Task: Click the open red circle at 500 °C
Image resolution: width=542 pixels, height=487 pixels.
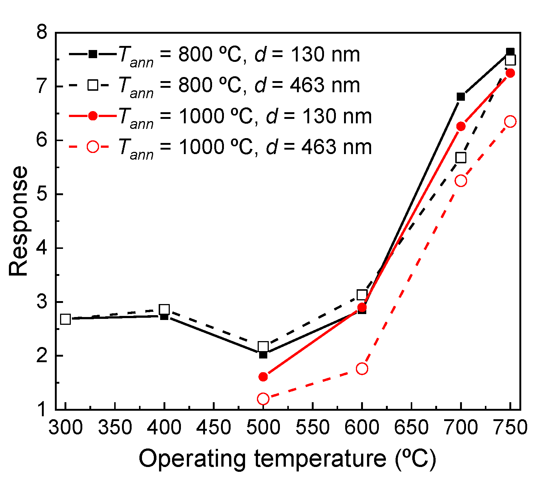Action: click(x=263, y=399)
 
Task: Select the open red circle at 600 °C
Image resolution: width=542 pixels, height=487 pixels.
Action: click(x=362, y=368)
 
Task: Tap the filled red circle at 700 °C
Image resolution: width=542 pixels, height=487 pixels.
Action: click(x=461, y=127)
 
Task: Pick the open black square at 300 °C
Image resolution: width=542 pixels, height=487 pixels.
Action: click(x=65, y=319)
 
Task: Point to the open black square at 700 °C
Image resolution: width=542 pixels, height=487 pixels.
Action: click(x=461, y=158)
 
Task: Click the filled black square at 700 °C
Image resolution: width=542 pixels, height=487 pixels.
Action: click(x=461, y=97)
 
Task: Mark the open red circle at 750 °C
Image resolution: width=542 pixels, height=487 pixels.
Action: click(x=510, y=121)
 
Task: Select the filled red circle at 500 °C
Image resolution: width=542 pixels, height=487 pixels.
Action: click(x=263, y=377)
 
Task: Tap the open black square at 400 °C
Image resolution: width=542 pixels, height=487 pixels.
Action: click(x=164, y=309)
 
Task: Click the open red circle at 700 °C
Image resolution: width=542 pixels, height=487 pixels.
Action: click(x=461, y=181)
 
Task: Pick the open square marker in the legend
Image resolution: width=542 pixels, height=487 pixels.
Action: click(x=93, y=86)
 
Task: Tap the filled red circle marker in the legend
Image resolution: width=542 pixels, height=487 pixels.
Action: click(x=93, y=116)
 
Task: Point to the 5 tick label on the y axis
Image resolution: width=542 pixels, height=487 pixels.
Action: click(x=44, y=194)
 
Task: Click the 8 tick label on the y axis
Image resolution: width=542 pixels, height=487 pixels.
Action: click(x=44, y=33)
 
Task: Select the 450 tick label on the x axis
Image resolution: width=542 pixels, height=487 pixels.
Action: click(x=214, y=428)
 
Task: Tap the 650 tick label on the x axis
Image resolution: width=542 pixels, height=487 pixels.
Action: click(x=411, y=428)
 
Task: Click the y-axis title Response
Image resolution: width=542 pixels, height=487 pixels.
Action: click(x=19, y=221)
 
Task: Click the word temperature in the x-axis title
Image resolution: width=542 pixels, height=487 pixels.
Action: click(x=320, y=459)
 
